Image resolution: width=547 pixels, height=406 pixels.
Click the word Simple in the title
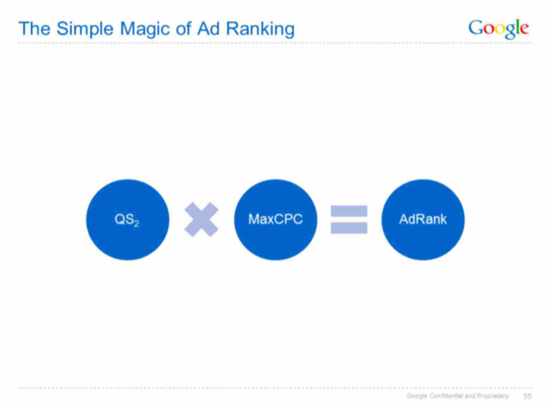pos(85,29)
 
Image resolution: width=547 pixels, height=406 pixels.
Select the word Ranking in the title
pos(260,29)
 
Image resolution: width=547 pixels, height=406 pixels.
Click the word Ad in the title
pos(209,28)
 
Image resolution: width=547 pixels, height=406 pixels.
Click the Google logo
pos(499,28)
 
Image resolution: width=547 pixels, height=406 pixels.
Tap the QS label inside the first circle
pos(124,219)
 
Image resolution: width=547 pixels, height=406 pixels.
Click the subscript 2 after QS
pos(136,223)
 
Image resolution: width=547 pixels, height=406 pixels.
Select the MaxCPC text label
pos(276,219)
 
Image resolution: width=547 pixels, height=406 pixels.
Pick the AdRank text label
pos(423,219)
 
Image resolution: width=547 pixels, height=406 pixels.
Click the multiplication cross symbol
pos(201,220)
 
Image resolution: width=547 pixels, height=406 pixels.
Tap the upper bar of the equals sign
pos(349,211)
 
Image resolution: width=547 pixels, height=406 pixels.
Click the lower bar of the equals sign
pos(349,228)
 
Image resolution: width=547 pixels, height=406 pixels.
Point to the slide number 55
pos(528,396)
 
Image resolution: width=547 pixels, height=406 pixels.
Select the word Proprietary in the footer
pos(492,396)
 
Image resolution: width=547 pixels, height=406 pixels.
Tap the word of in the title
pos(184,28)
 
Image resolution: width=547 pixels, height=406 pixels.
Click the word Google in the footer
pos(417,396)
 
